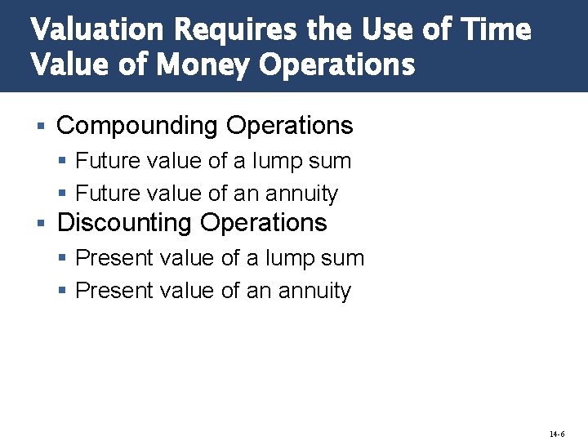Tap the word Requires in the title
click(x=237, y=30)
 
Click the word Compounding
click(x=138, y=127)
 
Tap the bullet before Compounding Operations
click(x=40, y=127)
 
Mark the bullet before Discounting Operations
click(x=40, y=223)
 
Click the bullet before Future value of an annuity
click(x=63, y=194)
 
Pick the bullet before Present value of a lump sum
click(x=63, y=259)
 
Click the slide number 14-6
click(x=556, y=434)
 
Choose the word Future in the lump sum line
click(x=107, y=161)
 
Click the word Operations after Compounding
click(x=290, y=127)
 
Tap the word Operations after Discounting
click(x=263, y=223)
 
